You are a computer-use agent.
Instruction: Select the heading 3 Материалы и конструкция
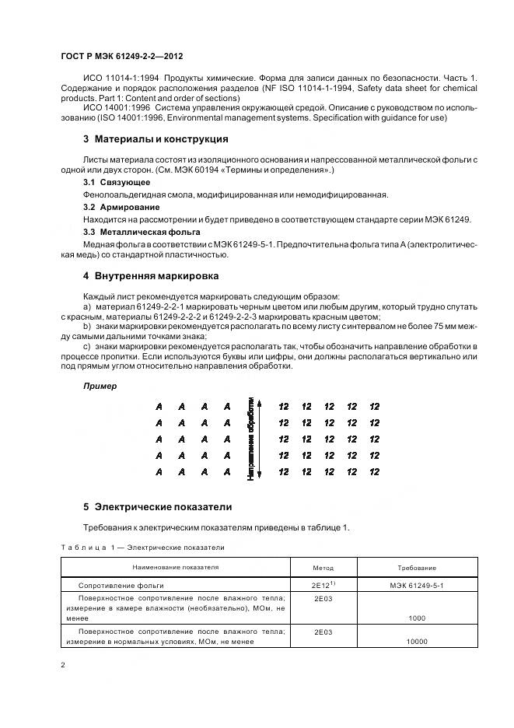[156, 139]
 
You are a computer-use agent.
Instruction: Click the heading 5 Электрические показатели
[158, 506]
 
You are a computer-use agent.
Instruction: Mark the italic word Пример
[100, 386]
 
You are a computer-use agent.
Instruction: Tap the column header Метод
[323, 569]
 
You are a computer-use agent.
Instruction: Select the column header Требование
[417, 569]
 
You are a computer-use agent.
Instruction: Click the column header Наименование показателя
[176, 568]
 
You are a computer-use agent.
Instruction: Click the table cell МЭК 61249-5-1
[417, 585]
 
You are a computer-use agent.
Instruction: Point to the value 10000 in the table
[417, 642]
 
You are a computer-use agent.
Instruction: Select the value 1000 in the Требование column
[417, 618]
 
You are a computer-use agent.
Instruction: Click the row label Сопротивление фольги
[121, 585]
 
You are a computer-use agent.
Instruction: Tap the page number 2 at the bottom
[62, 666]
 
